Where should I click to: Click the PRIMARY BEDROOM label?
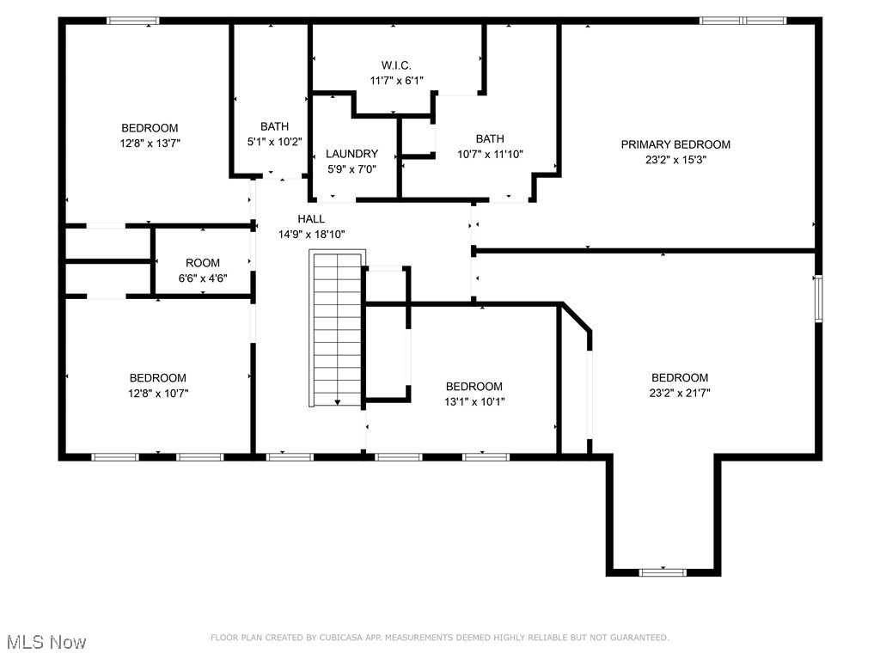pyautogui.click(x=675, y=144)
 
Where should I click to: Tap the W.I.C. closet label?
pyautogui.click(x=396, y=65)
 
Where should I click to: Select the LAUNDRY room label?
pyautogui.click(x=351, y=154)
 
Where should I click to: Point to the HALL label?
pyautogui.click(x=311, y=219)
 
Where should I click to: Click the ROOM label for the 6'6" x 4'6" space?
pyautogui.click(x=203, y=263)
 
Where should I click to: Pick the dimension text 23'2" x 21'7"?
pyautogui.click(x=680, y=393)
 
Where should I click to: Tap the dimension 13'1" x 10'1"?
pyautogui.click(x=474, y=401)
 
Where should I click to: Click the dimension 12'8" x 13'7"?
pyautogui.click(x=150, y=144)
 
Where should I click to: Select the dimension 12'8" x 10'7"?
pyautogui.click(x=158, y=393)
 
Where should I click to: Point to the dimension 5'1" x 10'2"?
pyautogui.click(x=274, y=142)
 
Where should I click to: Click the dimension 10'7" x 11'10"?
pyautogui.click(x=490, y=154)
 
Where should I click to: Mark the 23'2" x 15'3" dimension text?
pyautogui.click(x=675, y=159)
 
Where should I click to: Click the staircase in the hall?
pyautogui.click(x=337, y=327)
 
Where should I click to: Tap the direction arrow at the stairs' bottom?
pyautogui.click(x=338, y=401)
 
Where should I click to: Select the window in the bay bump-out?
pyautogui.click(x=663, y=571)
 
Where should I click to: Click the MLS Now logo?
pyautogui.click(x=46, y=642)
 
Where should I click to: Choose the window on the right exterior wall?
pyautogui.click(x=818, y=298)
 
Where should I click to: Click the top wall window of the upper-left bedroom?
pyautogui.click(x=132, y=21)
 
